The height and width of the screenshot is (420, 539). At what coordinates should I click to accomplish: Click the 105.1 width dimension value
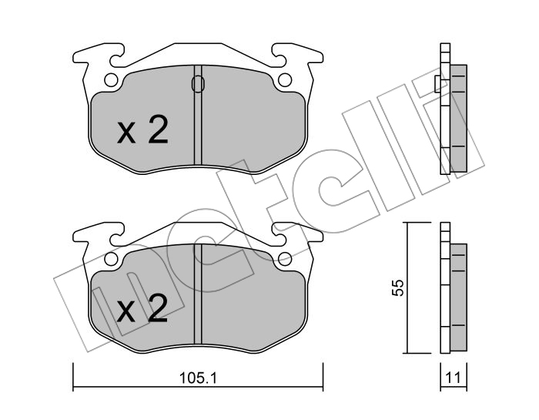198,378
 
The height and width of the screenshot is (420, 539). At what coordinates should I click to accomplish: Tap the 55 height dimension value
398,287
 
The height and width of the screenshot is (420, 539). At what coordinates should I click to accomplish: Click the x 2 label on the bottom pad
142,308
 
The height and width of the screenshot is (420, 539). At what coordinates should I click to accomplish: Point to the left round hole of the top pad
111,80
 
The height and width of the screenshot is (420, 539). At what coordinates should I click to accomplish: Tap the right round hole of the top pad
285,80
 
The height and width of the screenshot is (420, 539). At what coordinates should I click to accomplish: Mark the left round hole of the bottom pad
111,259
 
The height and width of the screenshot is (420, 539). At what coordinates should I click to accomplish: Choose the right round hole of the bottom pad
285,259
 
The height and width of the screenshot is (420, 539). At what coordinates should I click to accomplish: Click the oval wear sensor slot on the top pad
198,84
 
